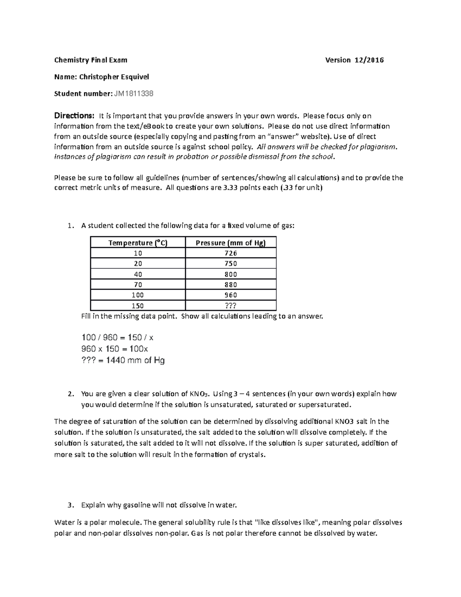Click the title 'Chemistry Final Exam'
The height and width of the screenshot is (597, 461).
point(91,60)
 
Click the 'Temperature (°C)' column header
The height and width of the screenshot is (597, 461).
point(138,243)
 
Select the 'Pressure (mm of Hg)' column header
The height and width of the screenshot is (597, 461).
point(230,243)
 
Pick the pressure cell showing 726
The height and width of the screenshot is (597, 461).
point(230,253)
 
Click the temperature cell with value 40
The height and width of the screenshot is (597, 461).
point(138,274)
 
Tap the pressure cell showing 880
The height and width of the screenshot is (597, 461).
point(230,284)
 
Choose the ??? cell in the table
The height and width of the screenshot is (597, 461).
point(230,306)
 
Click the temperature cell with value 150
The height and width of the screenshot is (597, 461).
point(138,306)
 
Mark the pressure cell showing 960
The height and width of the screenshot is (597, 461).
point(230,295)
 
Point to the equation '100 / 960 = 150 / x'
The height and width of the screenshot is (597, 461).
point(118,338)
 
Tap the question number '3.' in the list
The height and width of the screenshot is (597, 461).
point(70,505)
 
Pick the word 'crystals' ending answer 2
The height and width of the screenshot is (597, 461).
point(252,454)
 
